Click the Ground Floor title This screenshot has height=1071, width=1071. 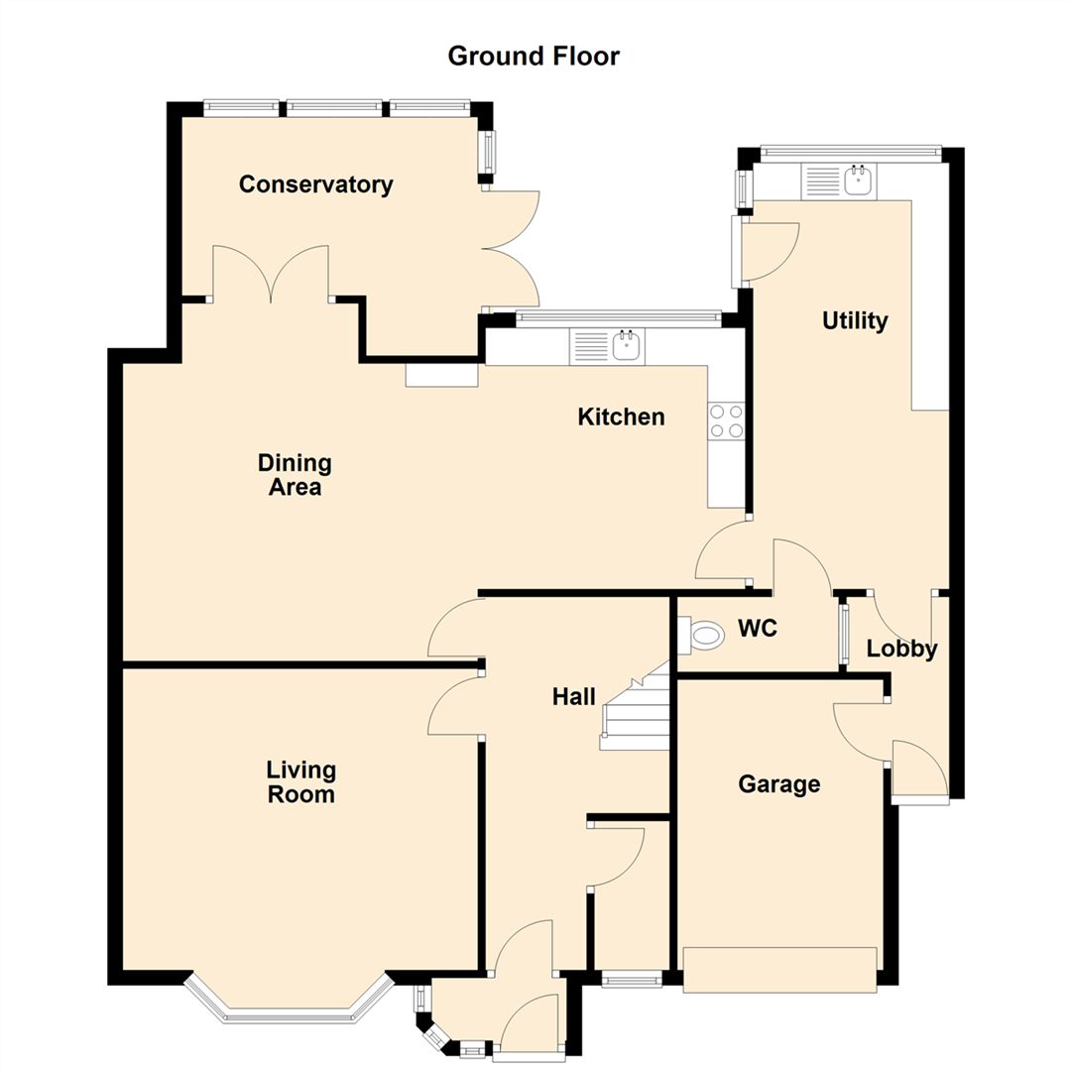(x=534, y=56)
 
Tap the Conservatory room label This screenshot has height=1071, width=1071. (x=315, y=184)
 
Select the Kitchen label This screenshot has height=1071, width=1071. (x=621, y=416)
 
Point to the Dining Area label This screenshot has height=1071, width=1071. (x=296, y=475)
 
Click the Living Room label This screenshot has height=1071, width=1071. (x=301, y=782)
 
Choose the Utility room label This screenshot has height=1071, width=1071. (x=855, y=320)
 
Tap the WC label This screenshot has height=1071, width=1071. (x=758, y=628)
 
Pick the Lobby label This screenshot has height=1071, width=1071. (x=901, y=649)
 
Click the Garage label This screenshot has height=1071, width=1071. (x=779, y=784)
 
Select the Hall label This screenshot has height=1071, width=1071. (x=574, y=697)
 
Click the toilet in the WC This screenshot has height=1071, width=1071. (x=701, y=635)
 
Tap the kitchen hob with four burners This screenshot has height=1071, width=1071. (x=726, y=420)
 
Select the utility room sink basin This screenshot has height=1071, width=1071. (x=859, y=180)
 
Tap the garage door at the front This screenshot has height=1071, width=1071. (x=780, y=969)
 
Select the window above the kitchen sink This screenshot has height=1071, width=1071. (x=618, y=316)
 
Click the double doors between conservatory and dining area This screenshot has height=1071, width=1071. (x=271, y=274)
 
